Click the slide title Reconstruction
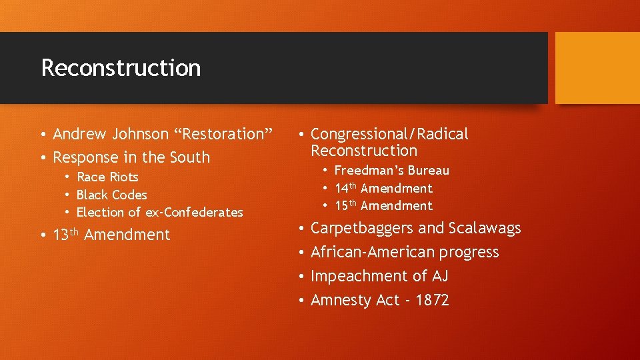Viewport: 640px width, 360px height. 121,68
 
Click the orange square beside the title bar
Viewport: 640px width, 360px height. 597,68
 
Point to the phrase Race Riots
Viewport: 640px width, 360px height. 107,177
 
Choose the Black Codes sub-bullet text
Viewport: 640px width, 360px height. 111,195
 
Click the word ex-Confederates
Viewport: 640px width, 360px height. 194,213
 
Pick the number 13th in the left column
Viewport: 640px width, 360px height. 66,235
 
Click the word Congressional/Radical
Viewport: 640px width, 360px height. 389,134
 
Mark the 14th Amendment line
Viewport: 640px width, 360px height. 383,189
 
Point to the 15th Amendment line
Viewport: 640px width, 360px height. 383,206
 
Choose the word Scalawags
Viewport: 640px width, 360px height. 485,228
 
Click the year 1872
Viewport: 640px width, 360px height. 432,300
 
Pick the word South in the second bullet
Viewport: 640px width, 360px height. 191,158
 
